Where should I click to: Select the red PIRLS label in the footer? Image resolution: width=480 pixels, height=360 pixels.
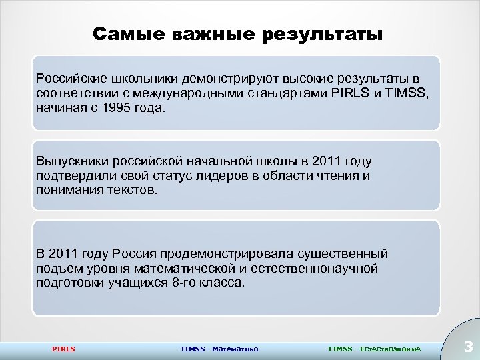coord(63,349)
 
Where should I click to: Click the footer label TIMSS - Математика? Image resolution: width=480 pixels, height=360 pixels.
coord(219,349)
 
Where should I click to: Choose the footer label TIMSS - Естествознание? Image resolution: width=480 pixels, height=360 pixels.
coord(374,349)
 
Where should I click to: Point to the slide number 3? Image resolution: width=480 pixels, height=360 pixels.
coord(468,347)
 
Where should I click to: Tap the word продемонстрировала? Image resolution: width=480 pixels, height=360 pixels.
coord(223,254)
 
